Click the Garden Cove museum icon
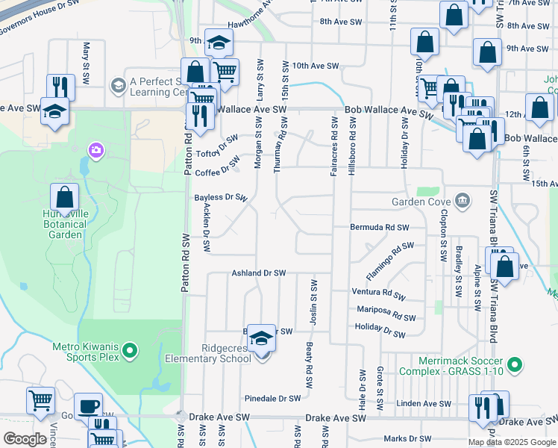point(463,200)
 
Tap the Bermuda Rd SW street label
point(380,227)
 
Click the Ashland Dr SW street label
point(259,273)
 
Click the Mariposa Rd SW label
point(385,311)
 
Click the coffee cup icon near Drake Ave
point(88,406)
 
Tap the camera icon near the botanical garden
point(95,151)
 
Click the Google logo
point(25,439)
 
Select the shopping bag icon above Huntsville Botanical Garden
point(65,199)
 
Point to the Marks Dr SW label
point(407,439)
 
